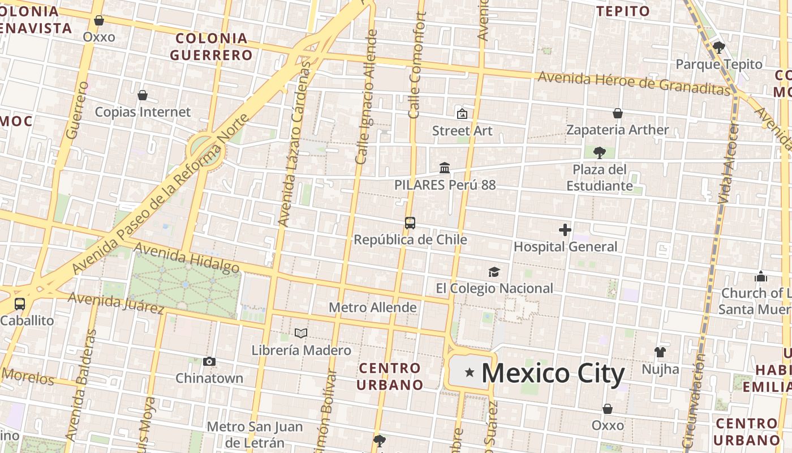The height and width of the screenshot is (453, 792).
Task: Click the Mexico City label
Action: coord(553,373)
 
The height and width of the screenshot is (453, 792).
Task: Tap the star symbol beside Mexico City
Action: coord(469,372)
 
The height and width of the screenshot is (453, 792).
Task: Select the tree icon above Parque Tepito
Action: coord(719,48)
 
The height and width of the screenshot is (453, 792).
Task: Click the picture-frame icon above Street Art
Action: coord(462,114)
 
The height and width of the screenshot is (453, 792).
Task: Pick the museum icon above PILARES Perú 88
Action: coord(445,168)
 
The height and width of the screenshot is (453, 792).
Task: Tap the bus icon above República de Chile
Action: coord(410,223)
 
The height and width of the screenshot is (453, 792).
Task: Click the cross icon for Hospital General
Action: coord(565,230)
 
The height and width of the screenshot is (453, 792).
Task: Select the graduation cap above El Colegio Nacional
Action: coord(494,272)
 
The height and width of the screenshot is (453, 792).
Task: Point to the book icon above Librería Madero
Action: coord(301,334)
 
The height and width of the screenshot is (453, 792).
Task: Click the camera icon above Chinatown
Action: coord(209,362)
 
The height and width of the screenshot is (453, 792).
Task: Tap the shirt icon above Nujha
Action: coord(660,352)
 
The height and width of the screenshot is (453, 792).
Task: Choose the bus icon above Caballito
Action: coord(20,304)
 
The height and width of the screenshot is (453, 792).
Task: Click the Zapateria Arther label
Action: coord(618,130)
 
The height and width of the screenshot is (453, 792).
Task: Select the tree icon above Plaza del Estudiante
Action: coord(600,153)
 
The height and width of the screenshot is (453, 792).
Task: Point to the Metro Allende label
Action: coord(373,307)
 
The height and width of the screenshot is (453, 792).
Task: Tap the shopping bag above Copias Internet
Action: coord(143,95)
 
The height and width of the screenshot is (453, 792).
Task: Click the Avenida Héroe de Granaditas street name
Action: coord(634,83)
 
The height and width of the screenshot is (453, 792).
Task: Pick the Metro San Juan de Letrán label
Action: coord(255,434)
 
